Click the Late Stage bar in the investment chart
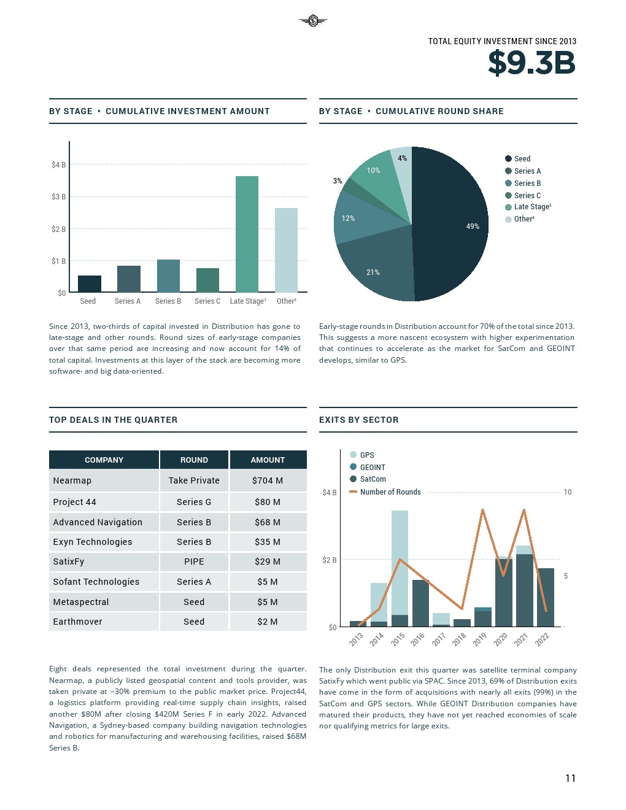pos(247,234)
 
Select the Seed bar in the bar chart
pos(90,284)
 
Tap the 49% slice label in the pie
pos(473,226)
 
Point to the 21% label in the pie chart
pos(373,272)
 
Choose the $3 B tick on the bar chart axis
pos(59,197)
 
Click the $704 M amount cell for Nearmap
pos(268,480)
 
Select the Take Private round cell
pos(194,480)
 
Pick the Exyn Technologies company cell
pos(93,542)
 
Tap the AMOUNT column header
pos(268,460)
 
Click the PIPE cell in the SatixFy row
pos(194,561)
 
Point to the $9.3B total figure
pos(531,63)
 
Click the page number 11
pos(570,778)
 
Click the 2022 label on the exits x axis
pos(542,639)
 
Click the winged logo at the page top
pos(313,21)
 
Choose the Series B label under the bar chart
pos(168,301)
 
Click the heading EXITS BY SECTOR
pos(358,420)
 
